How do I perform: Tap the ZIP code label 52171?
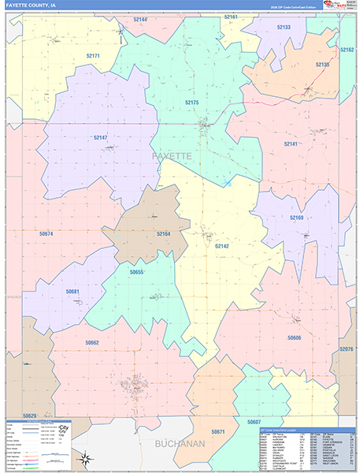coord(93,56)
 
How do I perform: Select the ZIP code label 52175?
coord(191,102)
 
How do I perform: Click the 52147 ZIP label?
coord(100,137)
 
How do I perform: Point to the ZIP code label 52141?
coord(291,144)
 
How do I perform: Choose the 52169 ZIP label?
coord(296,217)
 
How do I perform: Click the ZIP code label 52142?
coord(222,246)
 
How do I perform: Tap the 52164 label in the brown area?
coord(163,234)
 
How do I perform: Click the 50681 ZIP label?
coord(72,292)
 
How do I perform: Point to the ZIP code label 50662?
coord(91,342)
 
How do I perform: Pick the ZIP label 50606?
coord(294,337)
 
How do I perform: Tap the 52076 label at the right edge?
coord(347,348)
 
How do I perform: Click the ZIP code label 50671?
coord(217,432)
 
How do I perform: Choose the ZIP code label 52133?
coord(284,27)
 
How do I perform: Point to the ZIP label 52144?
coord(140,19)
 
